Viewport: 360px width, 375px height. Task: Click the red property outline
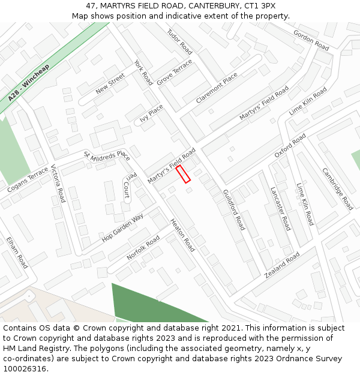click(183, 174)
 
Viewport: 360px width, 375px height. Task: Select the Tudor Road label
click(179, 41)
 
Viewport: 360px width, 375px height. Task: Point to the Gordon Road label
click(311, 40)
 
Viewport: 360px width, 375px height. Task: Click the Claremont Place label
click(216, 88)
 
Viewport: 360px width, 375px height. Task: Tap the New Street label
click(110, 83)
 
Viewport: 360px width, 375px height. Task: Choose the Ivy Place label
click(151, 113)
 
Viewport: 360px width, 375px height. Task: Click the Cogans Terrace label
click(28, 180)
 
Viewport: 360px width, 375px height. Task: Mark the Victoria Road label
click(58, 183)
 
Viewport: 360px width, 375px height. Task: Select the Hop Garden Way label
click(122, 226)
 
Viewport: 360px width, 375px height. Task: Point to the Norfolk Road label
click(143, 248)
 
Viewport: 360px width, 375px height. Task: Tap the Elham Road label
click(17, 252)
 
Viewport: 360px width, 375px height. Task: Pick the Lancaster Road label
click(280, 208)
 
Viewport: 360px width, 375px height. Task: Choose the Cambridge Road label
click(337, 188)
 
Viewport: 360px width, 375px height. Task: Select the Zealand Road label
click(282, 265)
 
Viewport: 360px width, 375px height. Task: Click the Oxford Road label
click(290, 146)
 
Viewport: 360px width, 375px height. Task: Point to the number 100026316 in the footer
click(26, 368)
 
